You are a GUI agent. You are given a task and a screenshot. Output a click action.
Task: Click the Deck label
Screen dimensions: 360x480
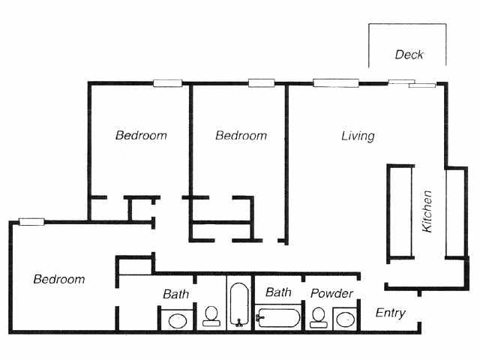(409, 55)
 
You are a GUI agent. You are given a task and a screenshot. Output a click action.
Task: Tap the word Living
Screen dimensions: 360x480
(358, 136)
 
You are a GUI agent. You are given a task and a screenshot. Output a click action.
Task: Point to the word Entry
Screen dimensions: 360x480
(390, 313)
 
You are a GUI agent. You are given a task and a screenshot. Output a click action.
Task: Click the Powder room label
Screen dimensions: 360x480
(331, 293)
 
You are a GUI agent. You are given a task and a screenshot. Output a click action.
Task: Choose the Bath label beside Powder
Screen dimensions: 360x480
(278, 292)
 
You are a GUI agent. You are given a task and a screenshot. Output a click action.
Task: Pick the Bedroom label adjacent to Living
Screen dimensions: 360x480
(241, 136)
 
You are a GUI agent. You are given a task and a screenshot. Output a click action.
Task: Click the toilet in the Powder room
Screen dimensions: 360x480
(319, 317)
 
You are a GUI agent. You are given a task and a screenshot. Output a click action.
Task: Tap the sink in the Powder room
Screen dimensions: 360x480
(344, 319)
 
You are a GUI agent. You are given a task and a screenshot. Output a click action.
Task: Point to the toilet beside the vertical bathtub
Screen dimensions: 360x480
(211, 316)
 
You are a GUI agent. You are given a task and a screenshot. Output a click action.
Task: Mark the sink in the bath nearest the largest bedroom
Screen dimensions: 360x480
(177, 320)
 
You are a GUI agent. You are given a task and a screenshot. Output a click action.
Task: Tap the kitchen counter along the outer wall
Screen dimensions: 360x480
(455, 213)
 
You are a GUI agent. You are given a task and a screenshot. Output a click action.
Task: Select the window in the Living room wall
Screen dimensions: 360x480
(334, 82)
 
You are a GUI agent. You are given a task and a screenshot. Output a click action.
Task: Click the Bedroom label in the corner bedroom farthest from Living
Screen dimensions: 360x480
(59, 279)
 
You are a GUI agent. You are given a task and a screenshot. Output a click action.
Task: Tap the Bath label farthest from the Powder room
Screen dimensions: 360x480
(176, 294)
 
